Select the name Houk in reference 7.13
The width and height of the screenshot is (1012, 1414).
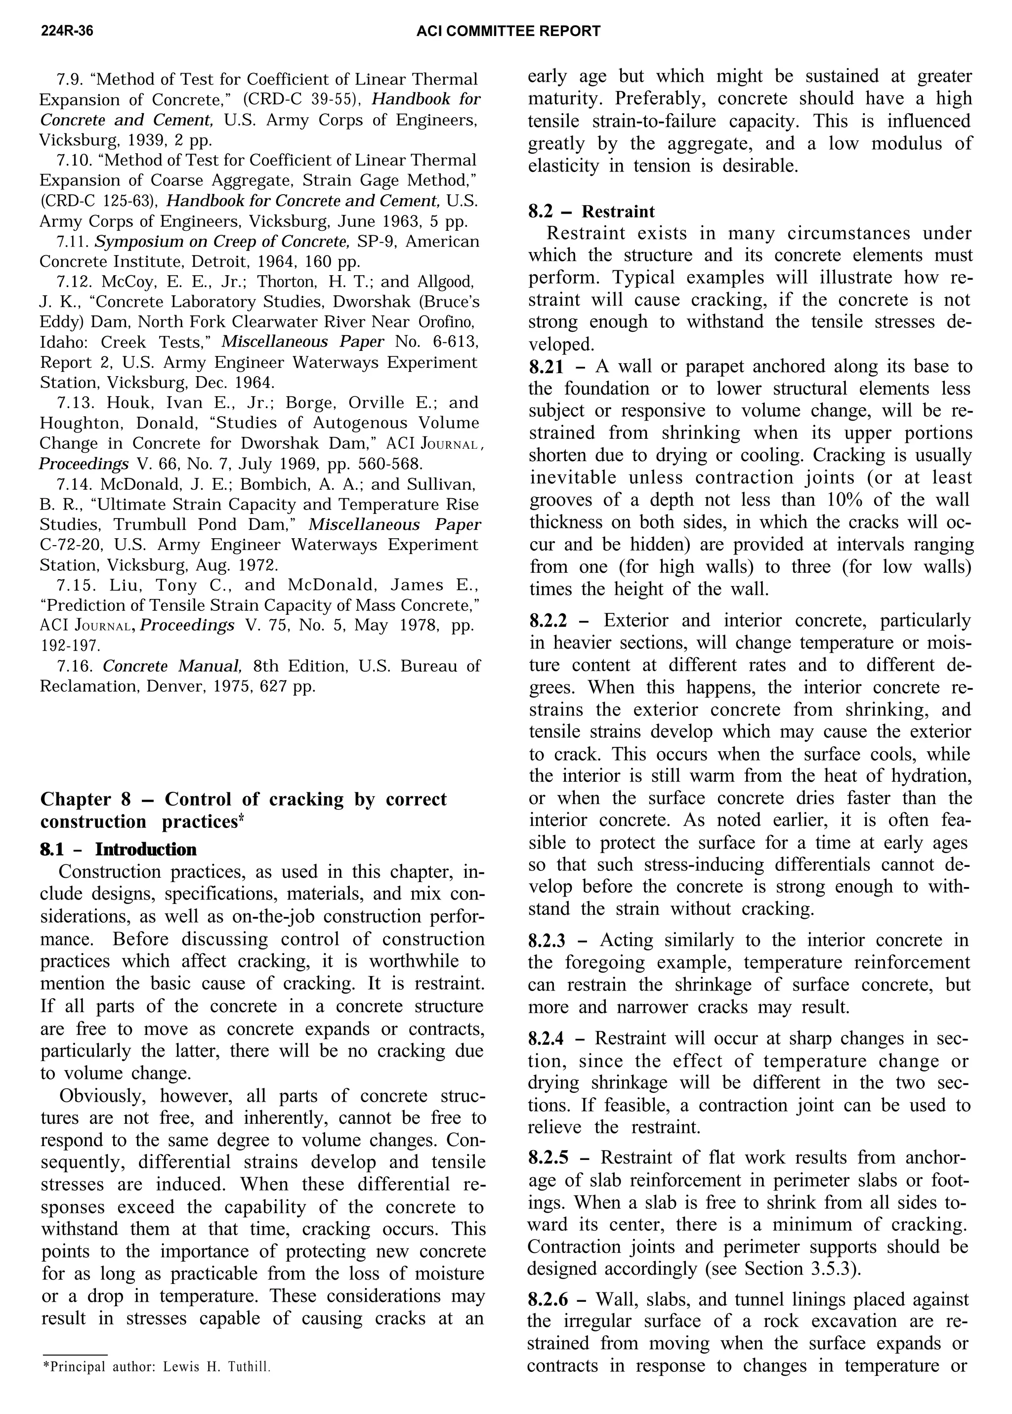pyautogui.click(x=126, y=403)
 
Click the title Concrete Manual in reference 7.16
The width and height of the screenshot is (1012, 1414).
pyautogui.click(x=172, y=666)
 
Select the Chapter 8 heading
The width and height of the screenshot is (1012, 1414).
pyautogui.click(x=243, y=810)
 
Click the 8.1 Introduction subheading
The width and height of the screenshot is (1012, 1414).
pyautogui.click(x=119, y=850)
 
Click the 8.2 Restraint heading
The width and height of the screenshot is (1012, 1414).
pyautogui.click(x=591, y=211)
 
